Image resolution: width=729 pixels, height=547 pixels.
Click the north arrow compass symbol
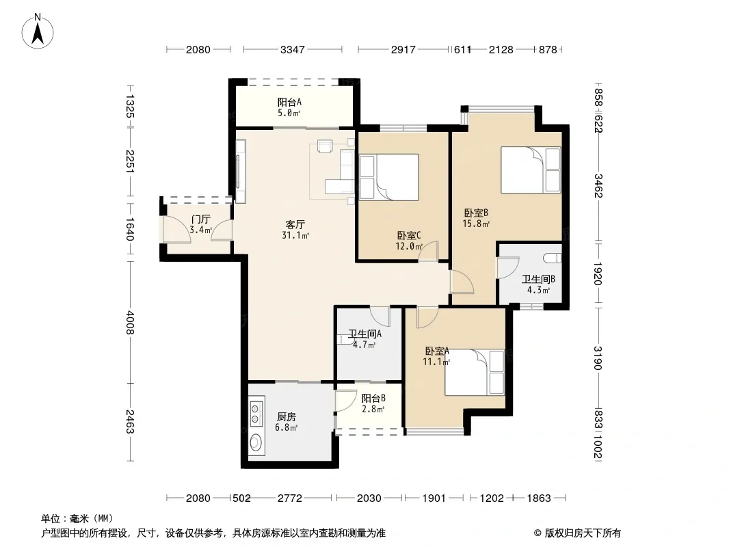point(38,31)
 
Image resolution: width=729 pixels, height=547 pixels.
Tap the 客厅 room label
point(295,224)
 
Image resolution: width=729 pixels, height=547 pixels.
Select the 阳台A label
point(289,102)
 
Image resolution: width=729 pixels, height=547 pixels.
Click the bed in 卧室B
point(531,170)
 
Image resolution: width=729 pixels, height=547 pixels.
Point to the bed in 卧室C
point(388,177)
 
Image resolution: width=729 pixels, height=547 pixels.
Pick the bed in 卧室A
point(474,372)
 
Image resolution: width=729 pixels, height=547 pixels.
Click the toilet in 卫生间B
point(553,258)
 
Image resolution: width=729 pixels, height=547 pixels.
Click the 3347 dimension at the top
point(293,49)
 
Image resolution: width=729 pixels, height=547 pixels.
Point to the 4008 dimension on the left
point(130,322)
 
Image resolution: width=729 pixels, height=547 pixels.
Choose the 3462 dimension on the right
point(598,185)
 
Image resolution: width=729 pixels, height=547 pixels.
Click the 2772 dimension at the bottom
point(290,498)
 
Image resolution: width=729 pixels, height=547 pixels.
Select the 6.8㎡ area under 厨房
point(286,427)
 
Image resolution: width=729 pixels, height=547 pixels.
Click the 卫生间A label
point(365,334)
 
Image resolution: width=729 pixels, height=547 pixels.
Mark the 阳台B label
point(373,398)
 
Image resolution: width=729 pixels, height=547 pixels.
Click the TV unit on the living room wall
point(240,171)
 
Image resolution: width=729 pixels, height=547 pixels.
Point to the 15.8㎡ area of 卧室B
point(476,224)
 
